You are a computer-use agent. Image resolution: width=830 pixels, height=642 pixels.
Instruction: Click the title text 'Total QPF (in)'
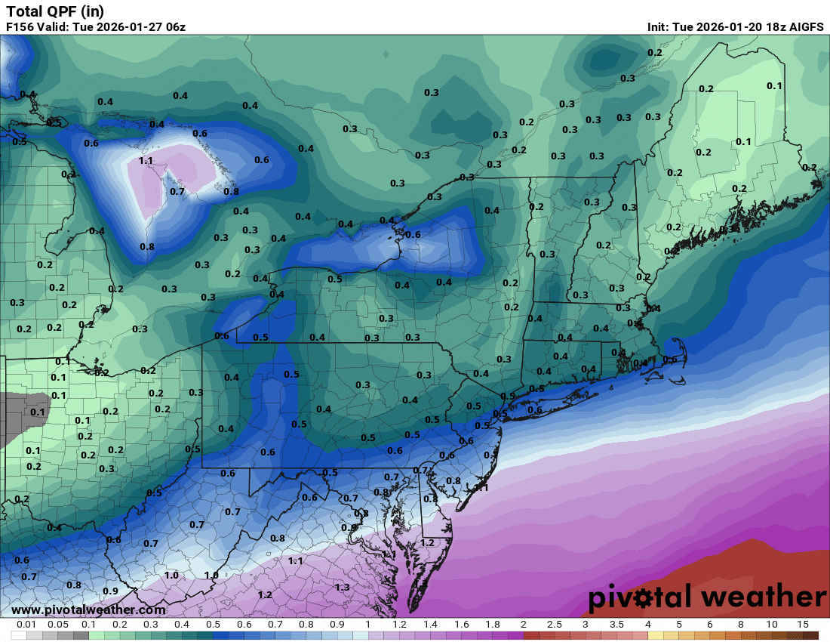55,11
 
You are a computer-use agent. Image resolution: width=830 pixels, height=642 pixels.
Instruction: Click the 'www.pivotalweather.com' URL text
88,610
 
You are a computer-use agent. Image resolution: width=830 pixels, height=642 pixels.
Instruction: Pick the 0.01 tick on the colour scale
27,625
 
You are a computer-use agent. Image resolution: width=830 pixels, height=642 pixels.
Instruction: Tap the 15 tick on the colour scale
803,625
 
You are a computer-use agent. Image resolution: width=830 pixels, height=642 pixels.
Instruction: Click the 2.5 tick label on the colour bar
554,625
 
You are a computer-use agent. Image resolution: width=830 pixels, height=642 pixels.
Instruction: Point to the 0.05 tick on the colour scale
58,625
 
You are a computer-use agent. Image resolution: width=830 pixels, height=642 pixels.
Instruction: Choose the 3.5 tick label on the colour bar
616,625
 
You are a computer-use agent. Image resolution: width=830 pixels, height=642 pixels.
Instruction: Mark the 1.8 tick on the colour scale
492,625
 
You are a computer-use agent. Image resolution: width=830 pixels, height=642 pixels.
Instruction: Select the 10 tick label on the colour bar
772,625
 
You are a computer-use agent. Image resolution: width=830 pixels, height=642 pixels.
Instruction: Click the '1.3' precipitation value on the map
342,587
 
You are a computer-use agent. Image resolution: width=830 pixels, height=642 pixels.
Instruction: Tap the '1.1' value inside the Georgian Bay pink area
146,161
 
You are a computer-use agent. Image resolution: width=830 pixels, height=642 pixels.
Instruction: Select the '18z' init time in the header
769,27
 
